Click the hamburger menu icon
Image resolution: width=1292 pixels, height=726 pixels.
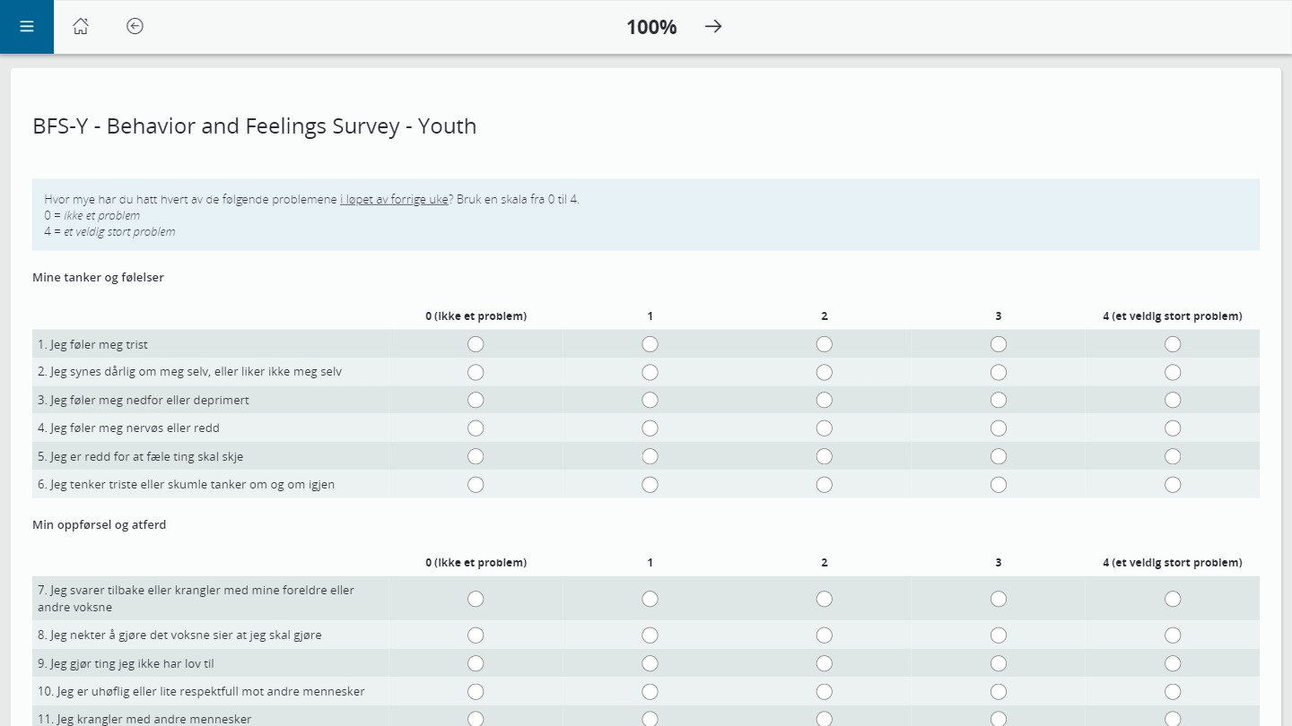click(27, 27)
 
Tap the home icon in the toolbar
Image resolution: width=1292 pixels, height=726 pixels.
click(81, 27)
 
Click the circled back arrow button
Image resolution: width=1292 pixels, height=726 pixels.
click(135, 27)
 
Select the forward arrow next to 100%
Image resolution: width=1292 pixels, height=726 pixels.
click(713, 27)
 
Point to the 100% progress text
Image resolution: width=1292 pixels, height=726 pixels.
click(651, 28)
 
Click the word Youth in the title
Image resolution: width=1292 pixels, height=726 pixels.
click(447, 126)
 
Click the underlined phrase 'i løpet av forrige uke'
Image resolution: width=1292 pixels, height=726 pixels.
click(394, 200)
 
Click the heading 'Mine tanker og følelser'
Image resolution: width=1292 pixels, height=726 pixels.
click(98, 278)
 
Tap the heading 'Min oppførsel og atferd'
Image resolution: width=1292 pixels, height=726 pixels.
click(99, 525)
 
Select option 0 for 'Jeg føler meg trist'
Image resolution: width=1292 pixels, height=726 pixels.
click(476, 344)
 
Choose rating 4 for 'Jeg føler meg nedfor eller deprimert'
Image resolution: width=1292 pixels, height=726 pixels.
click(1173, 400)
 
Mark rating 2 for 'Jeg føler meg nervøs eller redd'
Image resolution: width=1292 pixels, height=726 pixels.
click(825, 428)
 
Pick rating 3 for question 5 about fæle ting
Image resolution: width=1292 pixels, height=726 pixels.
click(999, 456)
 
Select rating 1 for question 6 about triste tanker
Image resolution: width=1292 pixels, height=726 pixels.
click(650, 485)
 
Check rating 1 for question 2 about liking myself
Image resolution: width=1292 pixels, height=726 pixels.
click(650, 372)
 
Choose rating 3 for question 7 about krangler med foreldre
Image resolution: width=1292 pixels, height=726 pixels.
click(999, 599)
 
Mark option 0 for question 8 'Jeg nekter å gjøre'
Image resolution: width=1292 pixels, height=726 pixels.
click(476, 635)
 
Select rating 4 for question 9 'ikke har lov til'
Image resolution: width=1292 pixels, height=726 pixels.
click(1173, 663)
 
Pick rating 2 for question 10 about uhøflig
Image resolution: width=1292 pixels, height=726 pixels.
click(825, 692)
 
